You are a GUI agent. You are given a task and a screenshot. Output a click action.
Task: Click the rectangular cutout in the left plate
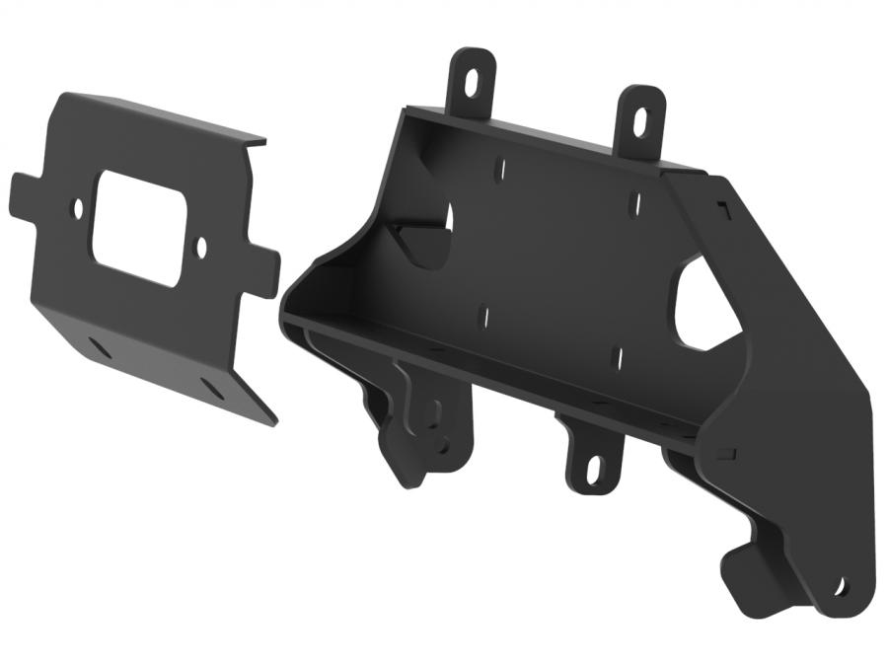pyautogui.click(x=139, y=228)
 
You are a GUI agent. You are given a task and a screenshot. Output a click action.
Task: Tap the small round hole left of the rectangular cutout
pyautogui.click(x=79, y=208)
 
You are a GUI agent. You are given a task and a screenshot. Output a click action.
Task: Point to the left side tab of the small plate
pyautogui.click(x=24, y=194)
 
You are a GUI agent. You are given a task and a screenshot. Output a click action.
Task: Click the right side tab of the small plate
pyautogui.click(x=263, y=272)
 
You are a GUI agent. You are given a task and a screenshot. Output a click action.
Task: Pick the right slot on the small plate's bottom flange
pyautogui.click(x=210, y=384)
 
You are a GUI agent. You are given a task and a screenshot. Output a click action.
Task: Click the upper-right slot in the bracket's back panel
pyautogui.click(x=634, y=204)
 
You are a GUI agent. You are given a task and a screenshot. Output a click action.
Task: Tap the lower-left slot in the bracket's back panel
pyautogui.click(x=483, y=317)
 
